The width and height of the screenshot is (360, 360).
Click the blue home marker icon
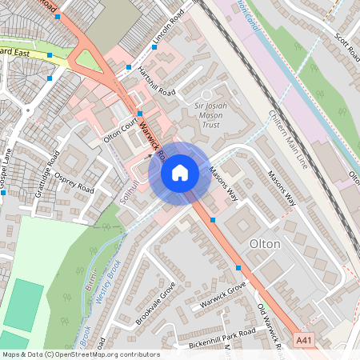pos(180,172)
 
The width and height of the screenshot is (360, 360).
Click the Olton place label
pos(265,243)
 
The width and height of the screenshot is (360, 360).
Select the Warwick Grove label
pos(222,298)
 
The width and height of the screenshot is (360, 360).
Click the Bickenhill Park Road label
pos(222,338)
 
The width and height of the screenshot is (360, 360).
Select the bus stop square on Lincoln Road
pos(154,46)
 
